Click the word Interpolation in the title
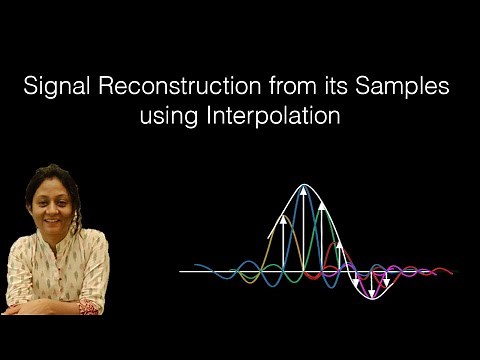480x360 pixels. (284, 116)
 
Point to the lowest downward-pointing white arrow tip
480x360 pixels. (372, 297)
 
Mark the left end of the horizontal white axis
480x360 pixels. (181, 271)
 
